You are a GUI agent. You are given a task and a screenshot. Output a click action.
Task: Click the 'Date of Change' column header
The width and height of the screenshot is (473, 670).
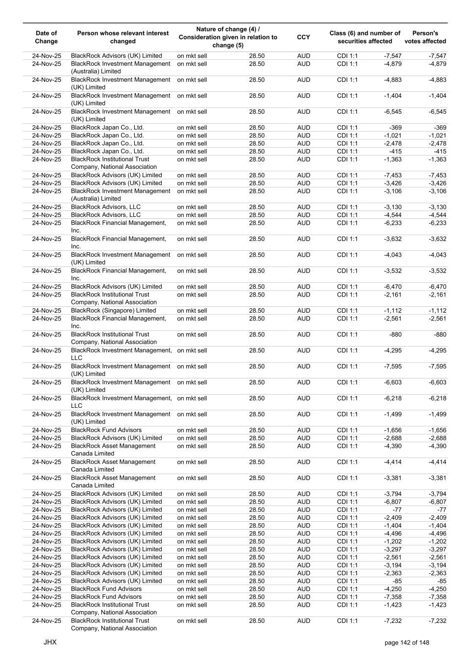[x=46, y=37]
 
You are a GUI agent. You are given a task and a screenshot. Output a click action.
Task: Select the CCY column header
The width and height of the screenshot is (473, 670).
[x=303, y=37]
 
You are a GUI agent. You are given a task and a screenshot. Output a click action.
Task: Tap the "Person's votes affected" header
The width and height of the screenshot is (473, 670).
[x=425, y=37]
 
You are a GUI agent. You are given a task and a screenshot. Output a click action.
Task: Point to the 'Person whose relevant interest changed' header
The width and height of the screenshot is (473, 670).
[x=123, y=37]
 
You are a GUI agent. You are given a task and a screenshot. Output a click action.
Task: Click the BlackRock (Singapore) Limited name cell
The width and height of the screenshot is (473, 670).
[x=113, y=311]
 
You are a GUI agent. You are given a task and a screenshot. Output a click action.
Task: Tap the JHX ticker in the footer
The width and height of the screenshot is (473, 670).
[x=50, y=642]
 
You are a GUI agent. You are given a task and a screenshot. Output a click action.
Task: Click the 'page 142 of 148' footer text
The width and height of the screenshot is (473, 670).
[x=407, y=643]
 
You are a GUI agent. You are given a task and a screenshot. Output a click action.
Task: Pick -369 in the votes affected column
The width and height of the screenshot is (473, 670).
[x=440, y=128]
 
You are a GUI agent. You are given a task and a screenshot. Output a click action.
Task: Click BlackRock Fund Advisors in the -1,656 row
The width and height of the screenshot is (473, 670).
[x=106, y=430]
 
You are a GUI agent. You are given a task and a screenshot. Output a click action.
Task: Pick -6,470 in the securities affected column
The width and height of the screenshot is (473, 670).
[x=392, y=287]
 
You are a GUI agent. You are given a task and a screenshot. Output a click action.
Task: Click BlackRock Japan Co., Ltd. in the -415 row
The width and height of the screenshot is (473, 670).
[x=107, y=152]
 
